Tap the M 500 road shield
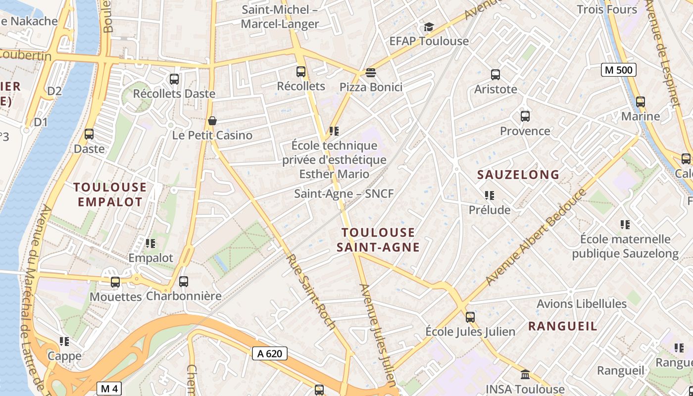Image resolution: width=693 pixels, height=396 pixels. pyautogui.click(x=619, y=70)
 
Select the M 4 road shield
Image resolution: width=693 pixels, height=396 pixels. pyautogui.click(x=109, y=389)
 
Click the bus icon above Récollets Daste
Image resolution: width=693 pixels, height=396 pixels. pyautogui.click(x=174, y=79)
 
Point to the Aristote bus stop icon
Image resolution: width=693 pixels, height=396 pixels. pyautogui.click(x=495, y=75)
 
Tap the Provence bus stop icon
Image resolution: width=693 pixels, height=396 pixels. pyautogui.click(x=525, y=116)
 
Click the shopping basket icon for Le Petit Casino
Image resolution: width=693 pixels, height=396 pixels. pyautogui.click(x=212, y=121)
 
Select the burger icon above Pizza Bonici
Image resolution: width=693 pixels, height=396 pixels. pyautogui.click(x=371, y=73)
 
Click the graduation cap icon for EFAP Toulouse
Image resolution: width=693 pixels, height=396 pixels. pyautogui.click(x=429, y=27)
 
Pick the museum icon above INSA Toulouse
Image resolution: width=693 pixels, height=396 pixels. pyautogui.click(x=525, y=374)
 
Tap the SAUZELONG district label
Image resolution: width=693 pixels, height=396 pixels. pyautogui.click(x=518, y=174)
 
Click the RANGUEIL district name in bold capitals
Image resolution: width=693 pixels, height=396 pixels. pyautogui.click(x=562, y=326)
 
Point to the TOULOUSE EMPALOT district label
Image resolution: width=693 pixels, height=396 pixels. pyautogui.click(x=110, y=195)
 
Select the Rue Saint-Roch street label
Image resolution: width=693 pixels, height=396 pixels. pyautogui.click(x=311, y=292)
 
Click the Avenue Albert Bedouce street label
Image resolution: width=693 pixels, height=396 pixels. pyautogui.click(x=536, y=237)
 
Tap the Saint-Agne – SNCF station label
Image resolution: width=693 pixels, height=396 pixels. pyautogui.click(x=344, y=194)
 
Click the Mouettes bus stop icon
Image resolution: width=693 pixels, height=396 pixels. pyautogui.click(x=115, y=282)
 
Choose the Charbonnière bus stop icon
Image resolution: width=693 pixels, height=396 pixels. pyautogui.click(x=184, y=282)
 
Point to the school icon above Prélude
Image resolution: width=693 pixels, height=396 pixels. pyautogui.click(x=490, y=196)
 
